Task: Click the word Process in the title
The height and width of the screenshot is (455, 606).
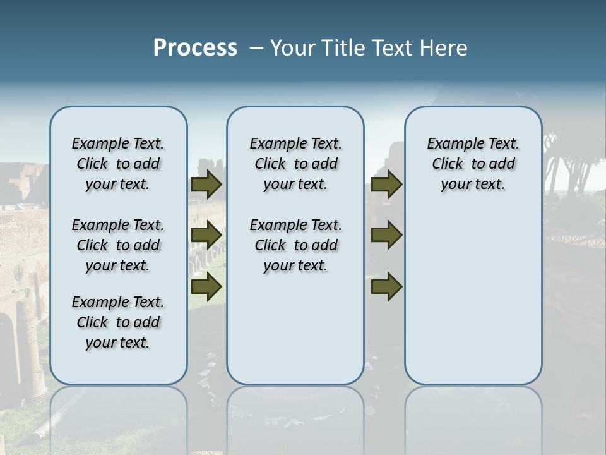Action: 195,47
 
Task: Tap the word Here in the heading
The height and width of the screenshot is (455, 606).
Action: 444,48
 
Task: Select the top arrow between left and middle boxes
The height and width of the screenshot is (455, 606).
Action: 206,185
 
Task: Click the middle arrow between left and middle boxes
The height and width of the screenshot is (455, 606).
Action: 206,235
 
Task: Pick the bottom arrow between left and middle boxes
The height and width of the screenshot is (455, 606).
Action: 206,287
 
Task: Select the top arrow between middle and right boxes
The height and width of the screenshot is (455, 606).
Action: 386,185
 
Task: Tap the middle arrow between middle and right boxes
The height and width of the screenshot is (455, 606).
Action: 386,235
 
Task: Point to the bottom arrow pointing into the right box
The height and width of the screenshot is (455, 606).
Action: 386,287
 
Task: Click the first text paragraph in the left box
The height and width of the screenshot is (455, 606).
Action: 118,164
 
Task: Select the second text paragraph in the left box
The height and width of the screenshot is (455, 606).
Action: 118,245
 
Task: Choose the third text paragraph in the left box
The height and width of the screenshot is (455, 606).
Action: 118,322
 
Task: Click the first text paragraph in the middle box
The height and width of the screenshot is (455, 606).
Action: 295,164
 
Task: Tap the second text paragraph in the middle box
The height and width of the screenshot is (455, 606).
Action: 295,245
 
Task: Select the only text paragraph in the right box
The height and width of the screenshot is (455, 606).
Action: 473,164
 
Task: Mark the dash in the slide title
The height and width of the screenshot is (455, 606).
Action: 256,48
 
